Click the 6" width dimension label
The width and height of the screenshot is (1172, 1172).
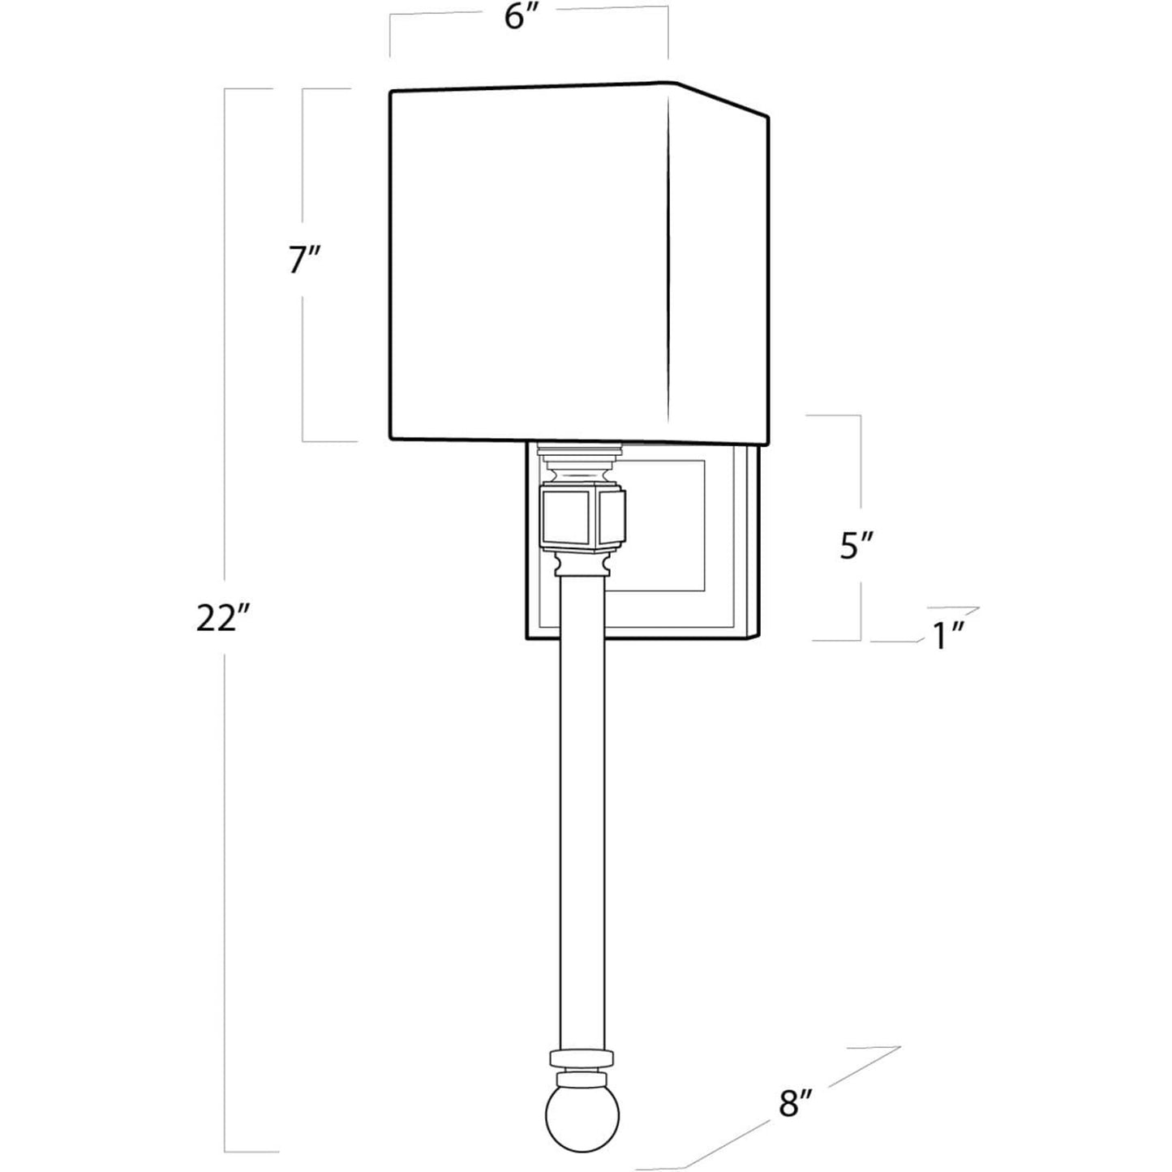522,18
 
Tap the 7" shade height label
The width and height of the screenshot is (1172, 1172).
304,261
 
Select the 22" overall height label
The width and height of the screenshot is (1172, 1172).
223,619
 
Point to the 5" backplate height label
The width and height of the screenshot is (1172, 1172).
856,546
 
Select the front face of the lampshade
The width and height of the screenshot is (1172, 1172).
529,264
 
